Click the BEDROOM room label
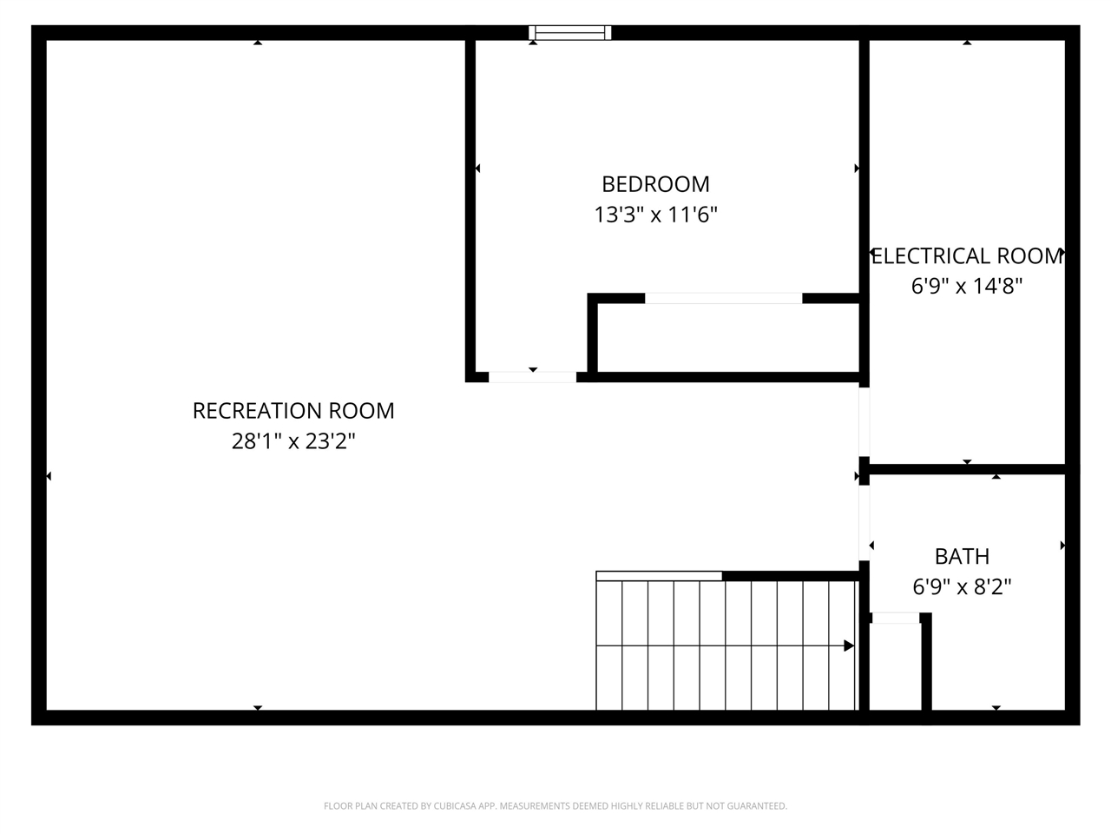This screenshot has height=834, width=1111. click(x=655, y=184)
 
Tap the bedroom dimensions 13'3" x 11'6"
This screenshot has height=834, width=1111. click(x=655, y=214)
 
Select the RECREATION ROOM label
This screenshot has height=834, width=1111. click(x=293, y=411)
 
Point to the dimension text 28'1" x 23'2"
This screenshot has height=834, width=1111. click(x=293, y=441)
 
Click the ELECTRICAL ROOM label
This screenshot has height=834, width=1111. click(x=967, y=256)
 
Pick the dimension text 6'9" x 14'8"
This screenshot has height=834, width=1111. click(x=967, y=286)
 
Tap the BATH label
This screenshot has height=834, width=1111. click(x=962, y=556)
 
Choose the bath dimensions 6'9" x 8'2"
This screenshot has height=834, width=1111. click(x=962, y=586)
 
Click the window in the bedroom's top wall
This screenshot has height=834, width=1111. click(x=570, y=33)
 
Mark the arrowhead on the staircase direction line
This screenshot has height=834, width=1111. click(x=849, y=645)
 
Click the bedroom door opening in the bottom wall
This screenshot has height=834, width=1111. click(x=532, y=377)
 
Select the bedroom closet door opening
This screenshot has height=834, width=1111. click(x=723, y=298)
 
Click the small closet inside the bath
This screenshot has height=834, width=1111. click(x=895, y=665)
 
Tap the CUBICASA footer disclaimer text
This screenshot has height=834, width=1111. click(x=555, y=806)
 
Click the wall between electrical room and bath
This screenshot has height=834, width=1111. click(x=967, y=469)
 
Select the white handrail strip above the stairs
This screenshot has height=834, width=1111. click(x=659, y=575)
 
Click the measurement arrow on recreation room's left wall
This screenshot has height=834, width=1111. click(x=48, y=476)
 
